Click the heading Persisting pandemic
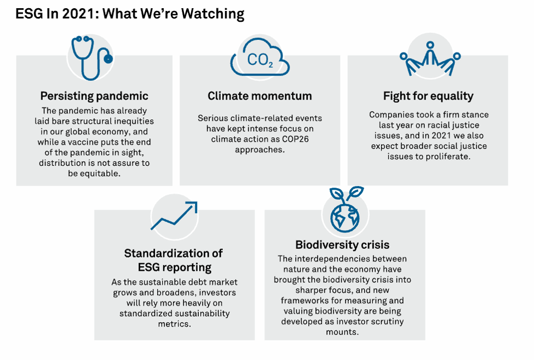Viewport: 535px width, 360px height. pyautogui.click(x=94, y=96)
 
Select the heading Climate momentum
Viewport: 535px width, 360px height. pyautogui.click(x=260, y=96)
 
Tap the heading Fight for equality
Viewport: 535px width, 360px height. pyautogui.click(x=428, y=96)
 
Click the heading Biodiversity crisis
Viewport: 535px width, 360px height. pyautogui.click(x=342, y=245)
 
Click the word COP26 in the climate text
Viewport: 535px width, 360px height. pyautogui.click(x=295, y=139)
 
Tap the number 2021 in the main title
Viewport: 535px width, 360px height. pyautogui.click(x=79, y=14)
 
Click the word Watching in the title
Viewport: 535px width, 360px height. pyautogui.click(x=212, y=14)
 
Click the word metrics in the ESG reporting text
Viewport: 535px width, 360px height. pyautogui.click(x=174, y=324)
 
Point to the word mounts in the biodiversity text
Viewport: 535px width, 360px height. pyautogui.click(x=342, y=332)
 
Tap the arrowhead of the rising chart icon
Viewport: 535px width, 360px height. pyautogui.click(x=193, y=206)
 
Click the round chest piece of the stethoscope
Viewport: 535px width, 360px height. pyautogui.click(x=108, y=59)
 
